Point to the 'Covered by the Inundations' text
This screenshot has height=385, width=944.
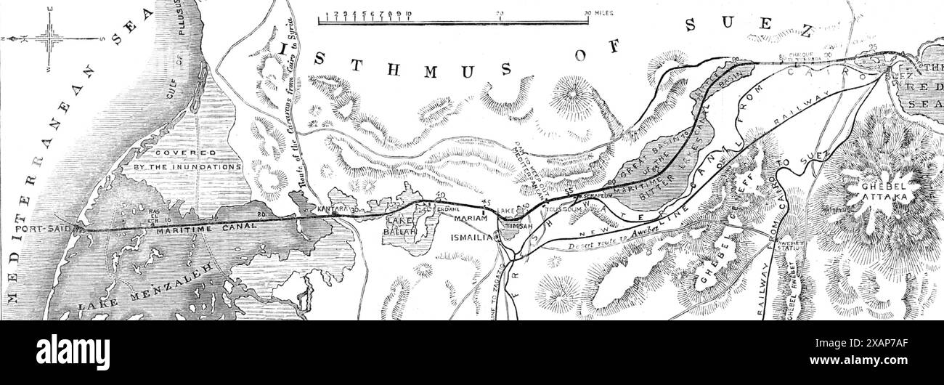click(x=187, y=160)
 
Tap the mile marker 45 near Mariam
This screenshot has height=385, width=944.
click(x=486, y=203)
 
